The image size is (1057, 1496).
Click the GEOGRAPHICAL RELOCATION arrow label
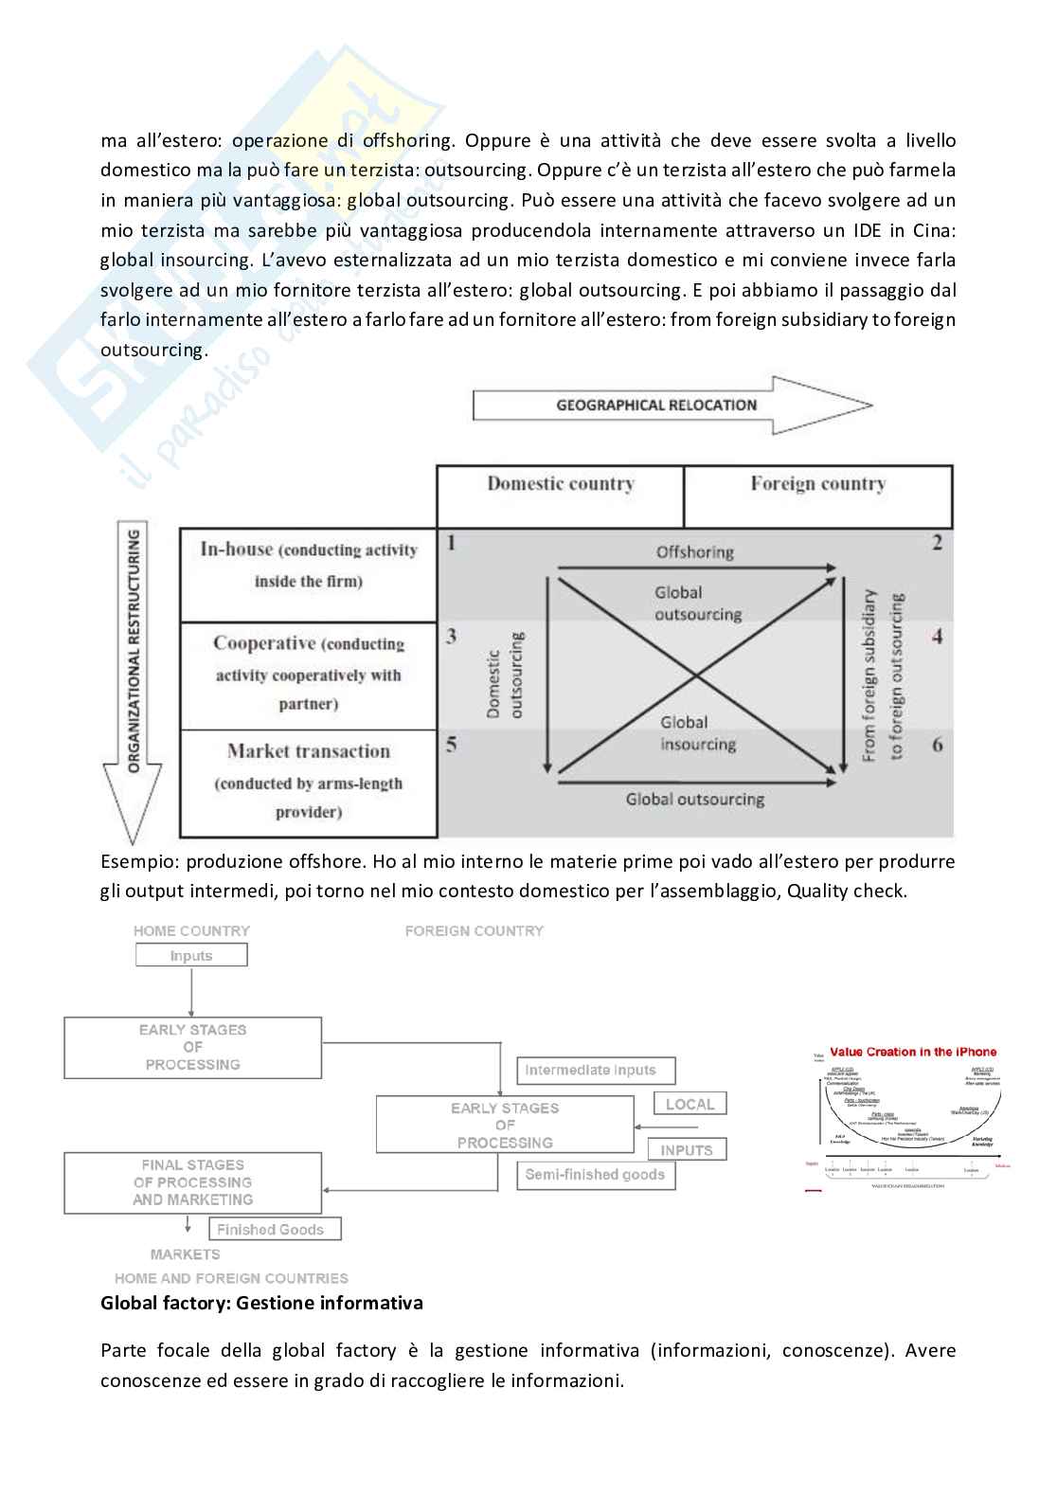click(x=656, y=406)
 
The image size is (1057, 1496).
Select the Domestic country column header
click(x=560, y=484)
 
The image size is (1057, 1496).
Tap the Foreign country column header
click(x=817, y=484)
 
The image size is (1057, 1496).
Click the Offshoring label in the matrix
click(x=695, y=551)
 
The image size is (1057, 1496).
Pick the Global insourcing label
click(x=697, y=733)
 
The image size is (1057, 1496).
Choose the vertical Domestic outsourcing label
click(x=504, y=675)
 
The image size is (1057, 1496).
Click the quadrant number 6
click(x=937, y=745)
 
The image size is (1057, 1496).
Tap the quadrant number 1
click(x=451, y=543)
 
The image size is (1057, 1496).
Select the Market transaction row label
click(x=309, y=751)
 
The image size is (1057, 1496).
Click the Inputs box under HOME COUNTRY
click(x=191, y=956)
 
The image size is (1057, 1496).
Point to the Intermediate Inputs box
click(x=595, y=1071)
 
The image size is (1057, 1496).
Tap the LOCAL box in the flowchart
click(x=690, y=1104)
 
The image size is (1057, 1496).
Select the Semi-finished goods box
click(x=595, y=1175)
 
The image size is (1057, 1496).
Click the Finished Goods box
click(x=274, y=1230)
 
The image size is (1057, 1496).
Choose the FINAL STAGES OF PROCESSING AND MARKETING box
click(x=193, y=1182)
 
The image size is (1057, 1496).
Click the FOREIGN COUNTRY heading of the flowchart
click(x=474, y=931)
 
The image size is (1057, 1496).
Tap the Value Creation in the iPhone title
click(x=913, y=1052)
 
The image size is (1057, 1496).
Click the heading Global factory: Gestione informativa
click(x=261, y=1303)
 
